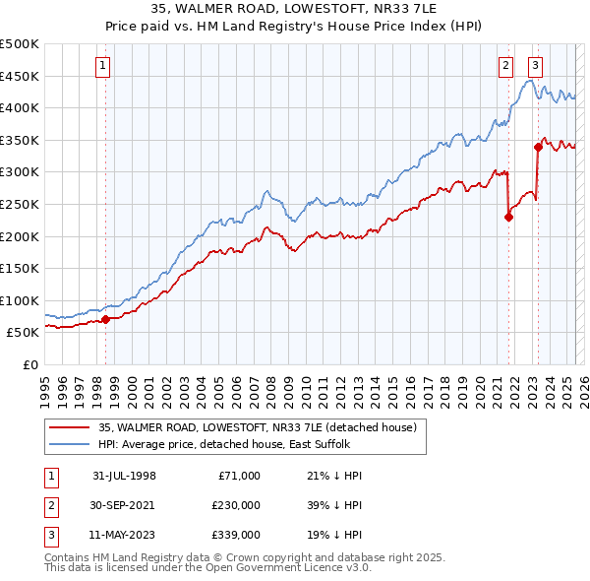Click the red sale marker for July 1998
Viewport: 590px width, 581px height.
[105, 319]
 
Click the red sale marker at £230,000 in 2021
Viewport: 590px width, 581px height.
[508, 218]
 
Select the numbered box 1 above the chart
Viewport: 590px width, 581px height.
[103, 66]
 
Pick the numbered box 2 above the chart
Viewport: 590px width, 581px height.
[505, 66]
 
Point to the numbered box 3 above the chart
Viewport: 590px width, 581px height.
[535, 66]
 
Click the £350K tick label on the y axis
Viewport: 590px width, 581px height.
[20, 140]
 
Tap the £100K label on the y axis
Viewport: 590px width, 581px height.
[20, 300]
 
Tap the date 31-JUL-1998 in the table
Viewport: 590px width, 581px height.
[125, 476]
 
